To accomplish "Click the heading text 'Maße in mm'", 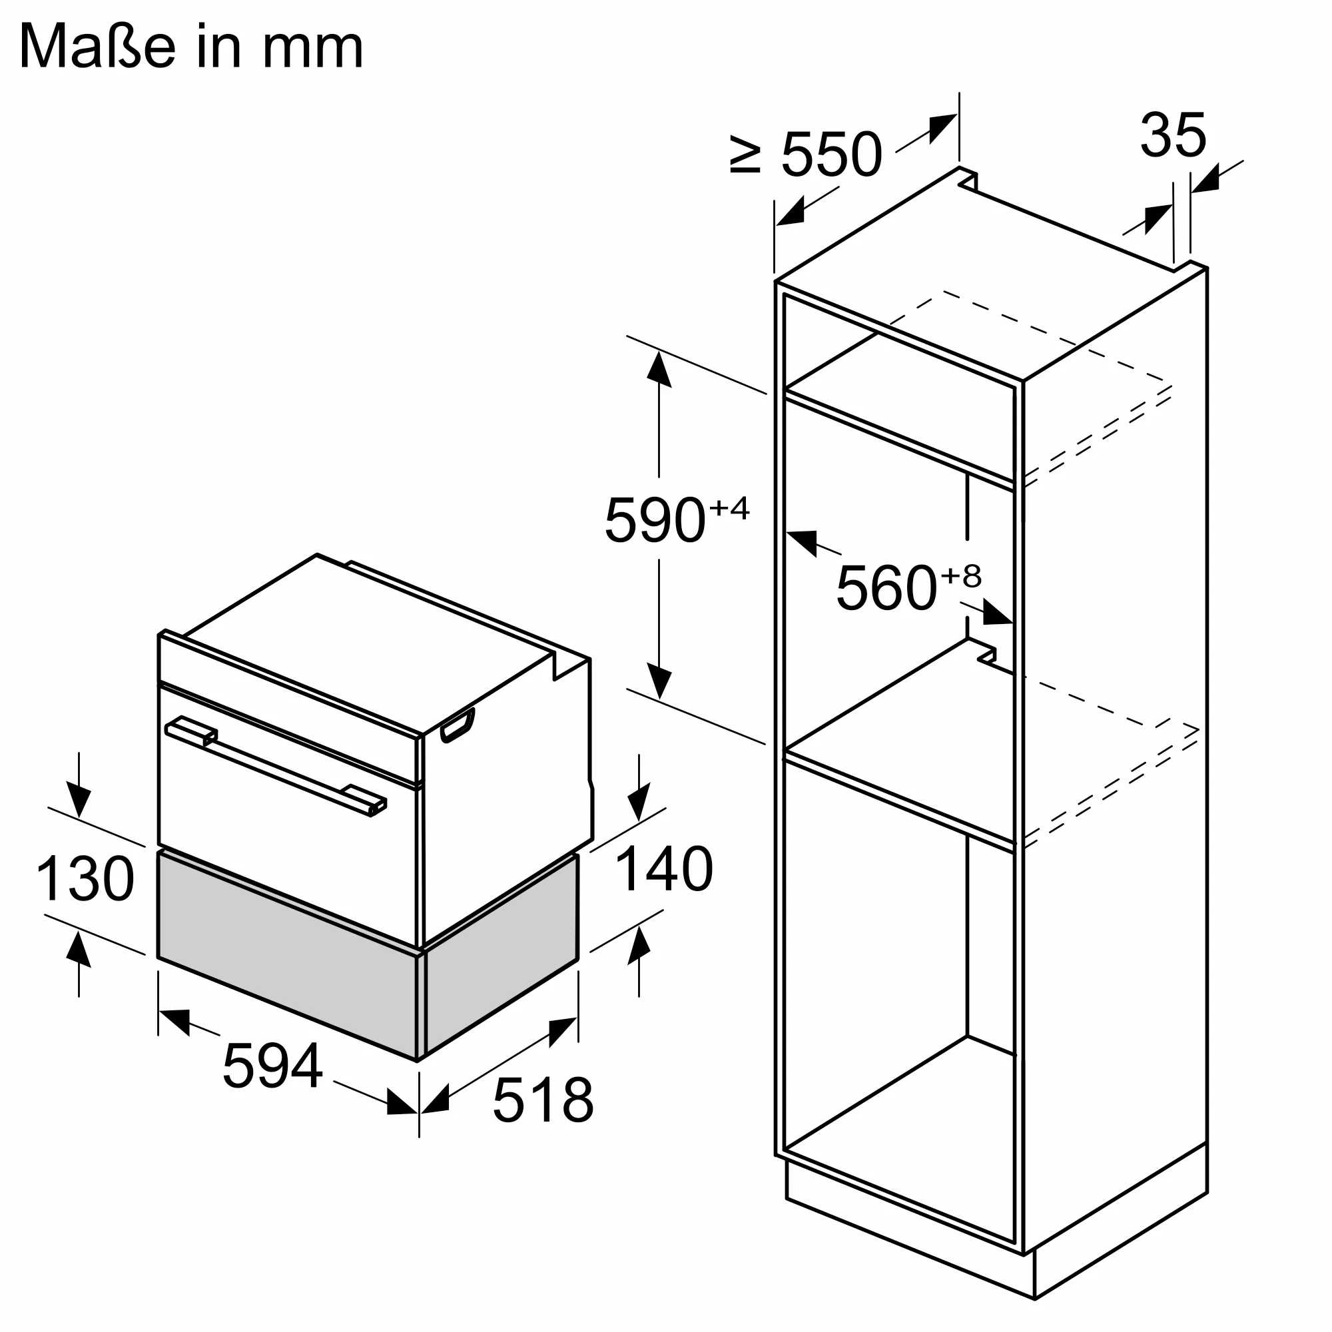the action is point(191,46).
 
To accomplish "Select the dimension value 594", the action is point(272,1066).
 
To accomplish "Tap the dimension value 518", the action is point(543,1100).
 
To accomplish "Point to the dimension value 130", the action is point(85,878).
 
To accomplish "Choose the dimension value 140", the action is point(663,868).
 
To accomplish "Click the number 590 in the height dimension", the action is point(655,521).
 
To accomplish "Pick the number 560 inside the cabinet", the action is point(886,587).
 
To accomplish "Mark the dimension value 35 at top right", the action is point(1173,135).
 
